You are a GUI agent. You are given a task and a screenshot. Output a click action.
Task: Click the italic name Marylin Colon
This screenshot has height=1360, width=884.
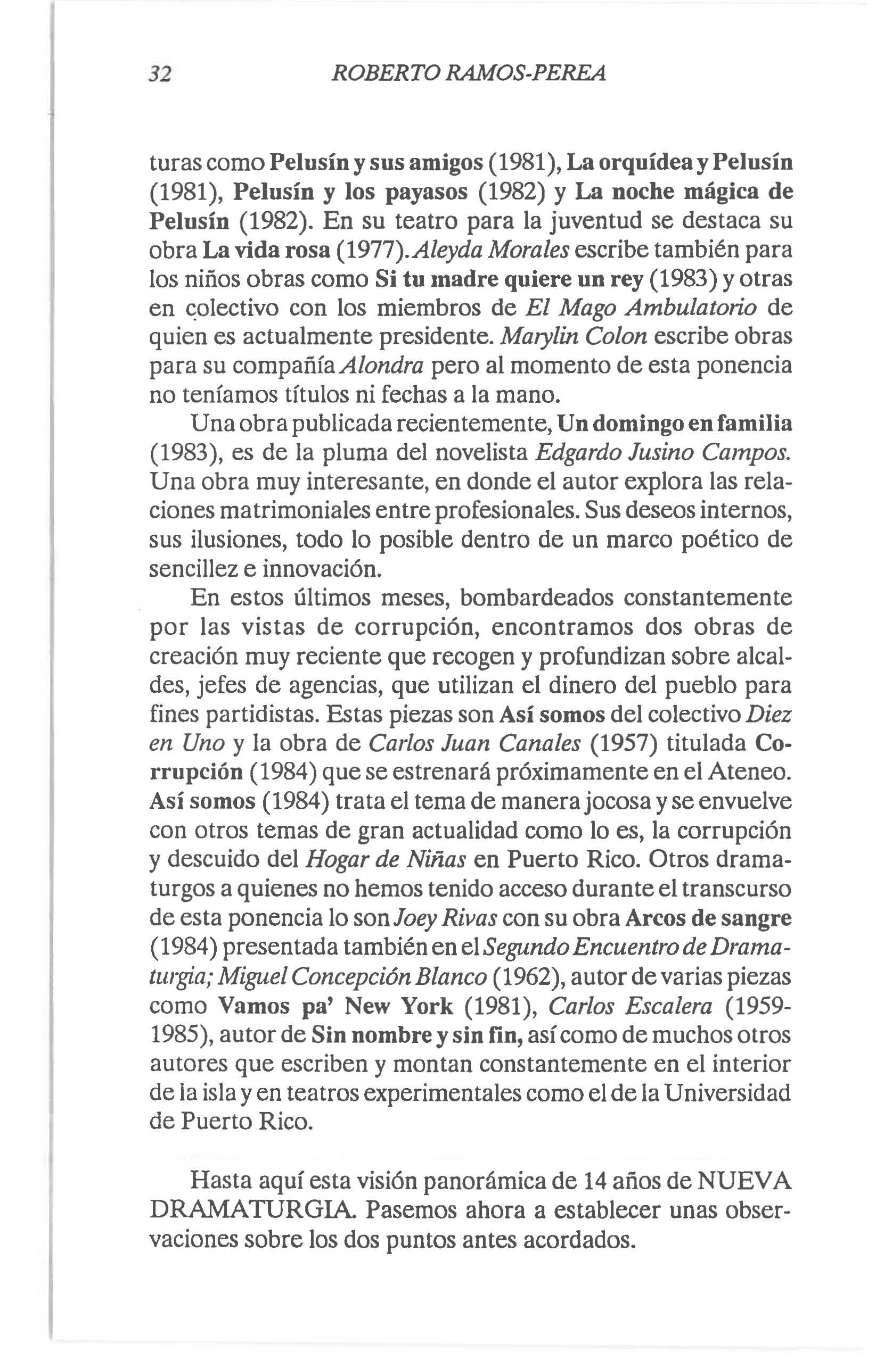tap(574, 337)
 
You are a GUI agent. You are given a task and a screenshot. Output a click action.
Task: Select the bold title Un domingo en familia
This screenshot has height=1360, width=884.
tap(675, 424)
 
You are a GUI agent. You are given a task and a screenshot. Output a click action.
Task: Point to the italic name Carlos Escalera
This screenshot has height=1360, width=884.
tap(630, 1005)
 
